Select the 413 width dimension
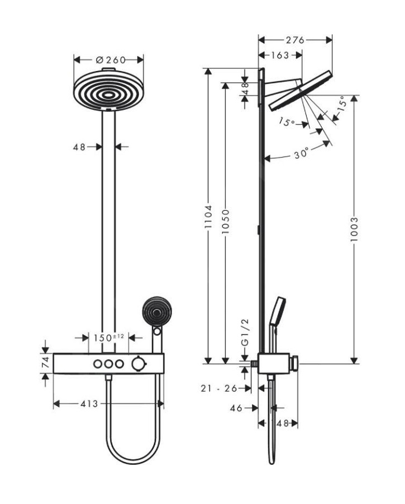(89, 403)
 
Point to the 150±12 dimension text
(109, 337)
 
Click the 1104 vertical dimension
(208, 217)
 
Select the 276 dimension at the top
(294, 40)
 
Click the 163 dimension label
(279, 55)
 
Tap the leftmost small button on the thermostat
(98, 364)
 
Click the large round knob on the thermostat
(137, 364)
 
